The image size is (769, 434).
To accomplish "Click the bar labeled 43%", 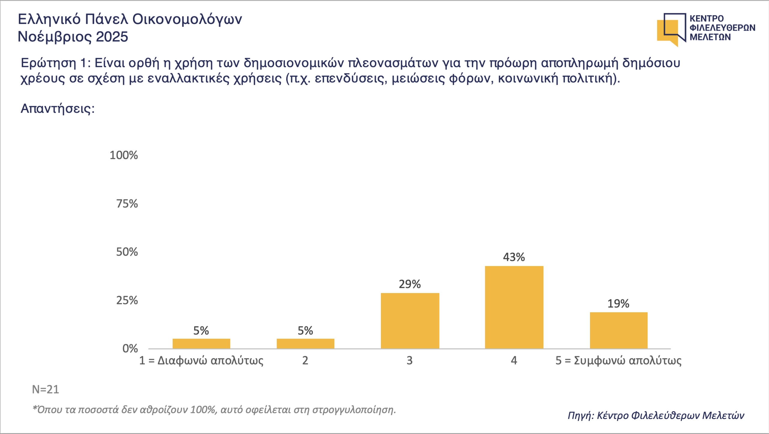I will pos(514,307).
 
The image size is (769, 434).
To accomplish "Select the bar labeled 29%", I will pos(410,321).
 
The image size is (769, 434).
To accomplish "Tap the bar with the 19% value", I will pos(619,330).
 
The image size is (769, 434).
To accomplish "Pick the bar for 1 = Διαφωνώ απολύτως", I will pos(201,344).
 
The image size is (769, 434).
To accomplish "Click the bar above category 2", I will pos(305,344).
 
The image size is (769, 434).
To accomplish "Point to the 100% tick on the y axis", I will pos(124,155).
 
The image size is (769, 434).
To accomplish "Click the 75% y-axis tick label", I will pos(127,204).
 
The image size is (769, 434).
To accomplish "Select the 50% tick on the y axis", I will pos(127,252).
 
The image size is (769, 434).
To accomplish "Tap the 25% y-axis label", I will pos(127,300).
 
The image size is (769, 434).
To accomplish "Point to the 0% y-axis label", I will pos(130,349).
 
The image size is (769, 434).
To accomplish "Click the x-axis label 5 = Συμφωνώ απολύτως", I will pos(618,360).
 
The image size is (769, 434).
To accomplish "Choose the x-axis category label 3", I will pos(409,360).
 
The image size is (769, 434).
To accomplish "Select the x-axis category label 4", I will pos(514,360).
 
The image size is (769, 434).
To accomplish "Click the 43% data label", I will pos(514,257).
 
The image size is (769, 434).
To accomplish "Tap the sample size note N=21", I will pos(45,390).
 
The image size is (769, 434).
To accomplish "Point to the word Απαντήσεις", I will pos(57,108).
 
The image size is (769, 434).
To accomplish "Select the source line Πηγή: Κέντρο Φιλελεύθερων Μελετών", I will pos(656,415).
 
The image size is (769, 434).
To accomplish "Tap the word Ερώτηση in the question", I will pos(48,63).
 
